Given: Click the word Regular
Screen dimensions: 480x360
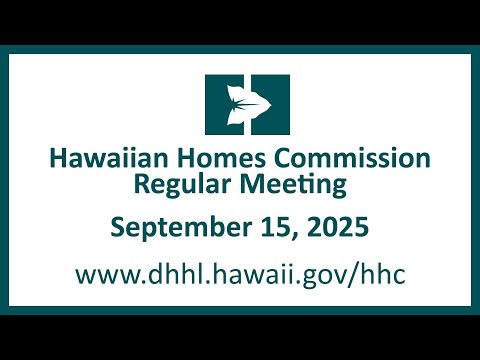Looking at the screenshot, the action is (183, 185).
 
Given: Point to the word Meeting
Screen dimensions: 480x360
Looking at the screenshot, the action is (293, 185).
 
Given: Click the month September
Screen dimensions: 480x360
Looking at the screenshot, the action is (181, 228).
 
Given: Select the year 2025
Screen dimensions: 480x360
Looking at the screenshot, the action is (338, 227).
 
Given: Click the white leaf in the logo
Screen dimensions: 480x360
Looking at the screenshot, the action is (247, 105).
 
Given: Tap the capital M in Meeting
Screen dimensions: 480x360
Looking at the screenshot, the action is (251, 184).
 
